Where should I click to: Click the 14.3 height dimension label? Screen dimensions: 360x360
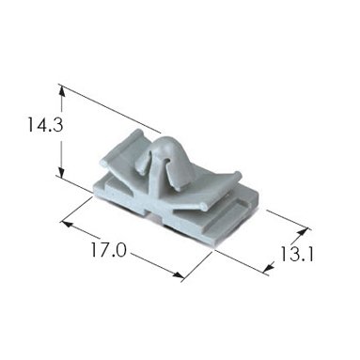click(45, 124)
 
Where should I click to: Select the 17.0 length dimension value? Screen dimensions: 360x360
click(109, 250)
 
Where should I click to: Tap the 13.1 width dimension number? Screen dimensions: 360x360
click(296, 255)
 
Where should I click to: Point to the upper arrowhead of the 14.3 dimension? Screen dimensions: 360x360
click(62, 91)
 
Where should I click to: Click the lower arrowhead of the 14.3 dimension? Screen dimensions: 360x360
click(62, 172)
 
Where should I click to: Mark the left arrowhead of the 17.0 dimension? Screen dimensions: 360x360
click(68, 225)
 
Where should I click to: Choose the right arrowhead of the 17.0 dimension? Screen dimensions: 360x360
click(178, 275)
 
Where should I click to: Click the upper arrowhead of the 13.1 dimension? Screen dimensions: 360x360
click(301, 232)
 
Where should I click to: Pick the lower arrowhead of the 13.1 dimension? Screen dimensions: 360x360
click(269, 267)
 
